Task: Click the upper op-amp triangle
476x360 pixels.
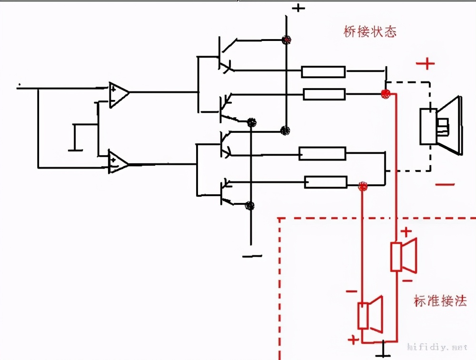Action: (118, 94)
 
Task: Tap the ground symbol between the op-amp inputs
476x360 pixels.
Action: (75, 138)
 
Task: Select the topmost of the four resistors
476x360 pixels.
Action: (323, 72)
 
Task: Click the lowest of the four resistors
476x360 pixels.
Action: (326, 182)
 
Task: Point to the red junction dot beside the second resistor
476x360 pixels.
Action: (386, 94)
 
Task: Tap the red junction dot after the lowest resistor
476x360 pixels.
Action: (363, 186)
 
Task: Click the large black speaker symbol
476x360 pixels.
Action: (440, 126)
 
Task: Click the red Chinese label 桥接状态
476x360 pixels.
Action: (370, 32)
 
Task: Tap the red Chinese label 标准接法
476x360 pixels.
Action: (440, 301)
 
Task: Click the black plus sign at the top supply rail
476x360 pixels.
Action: (298, 8)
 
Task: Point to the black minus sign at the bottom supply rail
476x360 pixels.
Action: (252, 256)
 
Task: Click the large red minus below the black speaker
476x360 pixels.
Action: (445, 185)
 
